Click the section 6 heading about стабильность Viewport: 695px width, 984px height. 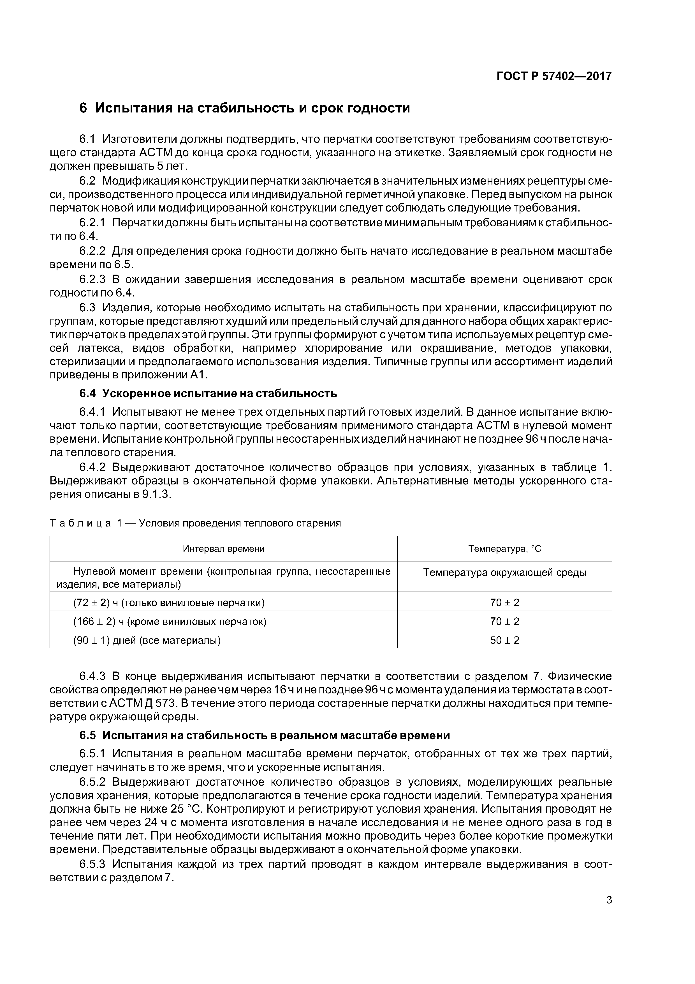[x=245, y=108]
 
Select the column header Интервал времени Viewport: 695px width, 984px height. [x=224, y=549]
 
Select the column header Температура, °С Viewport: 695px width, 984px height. [x=504, y=549]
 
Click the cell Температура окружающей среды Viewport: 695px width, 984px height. [x=504, y=573]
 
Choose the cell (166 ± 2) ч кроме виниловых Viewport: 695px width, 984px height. [x=170, y=621]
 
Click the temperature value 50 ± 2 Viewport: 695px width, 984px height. [x=504, y=640]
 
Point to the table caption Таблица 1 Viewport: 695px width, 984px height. [x=195, y=523]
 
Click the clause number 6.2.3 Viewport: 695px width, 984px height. [x=92, y=279]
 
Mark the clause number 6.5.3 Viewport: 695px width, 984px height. [x=92, y=864]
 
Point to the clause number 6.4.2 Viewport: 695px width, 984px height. [x=92, y=467]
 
